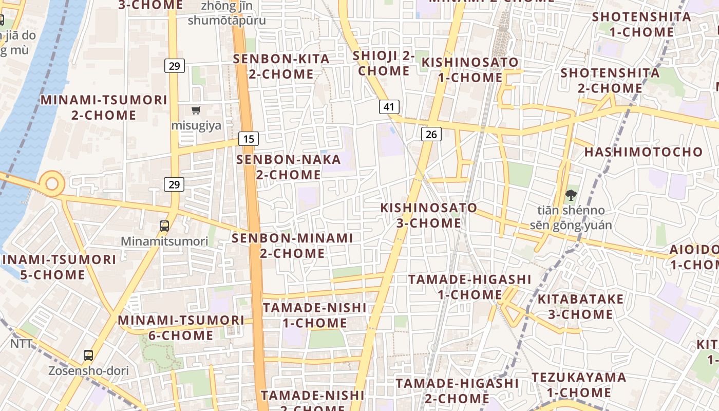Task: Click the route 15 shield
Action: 249,139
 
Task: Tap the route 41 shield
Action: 389,107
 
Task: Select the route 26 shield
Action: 431,135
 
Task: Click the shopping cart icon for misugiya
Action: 196,110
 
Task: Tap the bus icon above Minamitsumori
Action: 164,226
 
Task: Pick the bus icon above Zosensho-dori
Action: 88,355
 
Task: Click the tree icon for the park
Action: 570,195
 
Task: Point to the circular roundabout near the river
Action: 52,183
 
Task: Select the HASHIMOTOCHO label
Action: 643,152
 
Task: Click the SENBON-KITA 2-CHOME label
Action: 281,66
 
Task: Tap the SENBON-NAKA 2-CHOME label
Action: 281,167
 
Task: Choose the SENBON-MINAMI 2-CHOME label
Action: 292,246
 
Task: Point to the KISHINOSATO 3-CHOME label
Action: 429,215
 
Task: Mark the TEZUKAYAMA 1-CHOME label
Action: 579,385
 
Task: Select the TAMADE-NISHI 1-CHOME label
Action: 315,315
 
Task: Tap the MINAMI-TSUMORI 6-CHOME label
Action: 181,328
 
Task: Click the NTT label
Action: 22,344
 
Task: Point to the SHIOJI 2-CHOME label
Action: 384,63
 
